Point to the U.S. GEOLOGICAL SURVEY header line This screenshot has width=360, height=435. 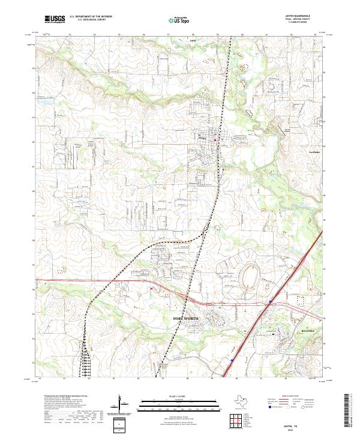pos(87,21)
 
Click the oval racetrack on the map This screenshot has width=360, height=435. pos(248,278)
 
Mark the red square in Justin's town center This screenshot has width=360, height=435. pos(217,140)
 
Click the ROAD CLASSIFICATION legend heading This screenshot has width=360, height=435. pos(304,397)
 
